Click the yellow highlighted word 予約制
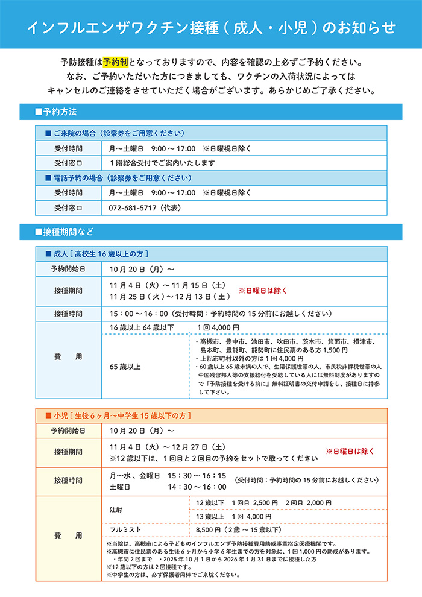pyautogui.click(x=115, y=63)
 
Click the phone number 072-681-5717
pyautogui.click(x=131, y=208)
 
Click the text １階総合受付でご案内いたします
pyautogui.click(x=162, y=163)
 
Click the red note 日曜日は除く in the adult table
pyautogui.click(x=263, y=291)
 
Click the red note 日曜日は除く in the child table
pyautogui.click(x=350, y=451)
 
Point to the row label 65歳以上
pyautogui.click(x=125, y=366)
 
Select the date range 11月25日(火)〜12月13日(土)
pyautogui.click(x=169, y=297)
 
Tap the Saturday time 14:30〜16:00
pyautogui.click(x=197, y=487)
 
